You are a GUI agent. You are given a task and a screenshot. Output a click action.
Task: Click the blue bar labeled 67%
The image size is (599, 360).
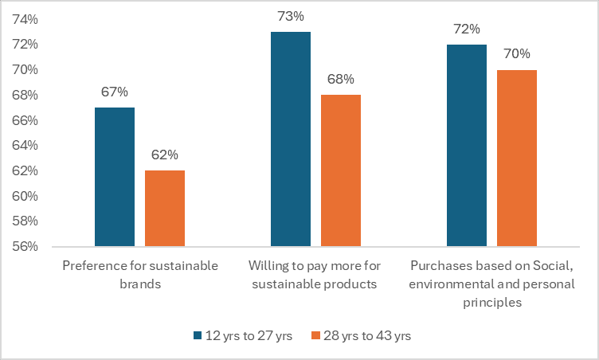[x=115, y=177]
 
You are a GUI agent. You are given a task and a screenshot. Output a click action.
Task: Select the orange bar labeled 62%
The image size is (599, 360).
[x=165, y=209]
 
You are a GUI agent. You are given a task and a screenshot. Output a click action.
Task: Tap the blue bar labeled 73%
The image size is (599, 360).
[x=291, y=139]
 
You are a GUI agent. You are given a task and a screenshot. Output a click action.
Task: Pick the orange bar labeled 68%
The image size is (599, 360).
[x=341, y=170]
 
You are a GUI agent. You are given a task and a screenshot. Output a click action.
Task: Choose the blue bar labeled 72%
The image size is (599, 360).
[x=467, y=146]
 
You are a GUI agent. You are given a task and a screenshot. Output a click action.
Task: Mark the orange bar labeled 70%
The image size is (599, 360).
[x=517, y=158]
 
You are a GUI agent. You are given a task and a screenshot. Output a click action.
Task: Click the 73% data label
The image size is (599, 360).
[x=291, y=16]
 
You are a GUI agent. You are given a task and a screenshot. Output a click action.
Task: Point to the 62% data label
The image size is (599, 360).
[x=165, y=155]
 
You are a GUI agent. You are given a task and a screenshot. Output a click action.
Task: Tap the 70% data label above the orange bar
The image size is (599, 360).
[x=517, y=54]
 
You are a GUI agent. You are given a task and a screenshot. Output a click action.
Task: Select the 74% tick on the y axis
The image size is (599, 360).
[x=25, y=19]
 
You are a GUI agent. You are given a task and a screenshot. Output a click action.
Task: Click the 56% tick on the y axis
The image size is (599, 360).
[x=25, y=246]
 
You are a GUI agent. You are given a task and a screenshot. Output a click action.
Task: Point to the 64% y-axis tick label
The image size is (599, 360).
[x=25, y=145]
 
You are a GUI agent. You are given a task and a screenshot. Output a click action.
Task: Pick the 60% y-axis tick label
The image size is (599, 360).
[x=25, y=196]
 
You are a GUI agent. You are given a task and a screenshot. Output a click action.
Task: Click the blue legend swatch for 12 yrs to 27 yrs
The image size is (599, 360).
[x=198, y=335]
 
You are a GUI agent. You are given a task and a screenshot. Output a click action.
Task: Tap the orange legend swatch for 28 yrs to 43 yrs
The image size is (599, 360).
[x=315, y=335]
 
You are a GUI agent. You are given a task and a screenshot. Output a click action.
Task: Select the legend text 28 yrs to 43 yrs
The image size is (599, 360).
[x=367, y=335]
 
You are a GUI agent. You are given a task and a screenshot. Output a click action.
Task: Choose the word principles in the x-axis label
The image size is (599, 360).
[x=492, y=303]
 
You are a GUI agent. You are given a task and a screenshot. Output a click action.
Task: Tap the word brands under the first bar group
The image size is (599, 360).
[x=140, y=284]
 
